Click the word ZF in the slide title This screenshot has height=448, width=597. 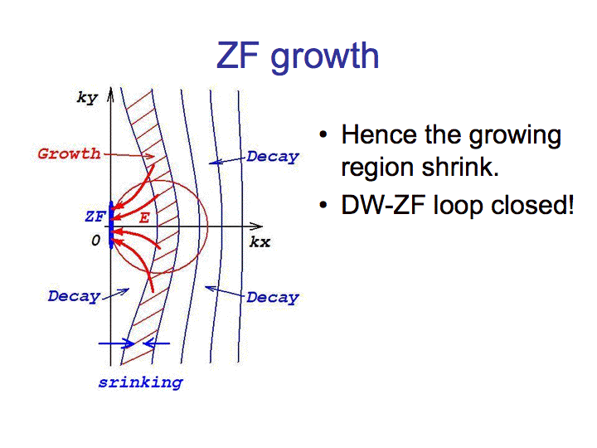pyautogui.click(x=238, y=56)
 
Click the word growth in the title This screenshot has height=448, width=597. pyautogui.click(x=325, y=57)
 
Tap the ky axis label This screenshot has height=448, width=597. pyautogui.click(x=88, y=98)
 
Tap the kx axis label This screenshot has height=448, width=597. pyautogui.click(x=260, y=242)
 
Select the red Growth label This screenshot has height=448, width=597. pyautogui.click(x=69, y=153)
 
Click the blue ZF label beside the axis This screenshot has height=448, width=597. pyautogui.click(x=95, y=217)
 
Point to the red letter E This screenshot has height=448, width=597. pyautogui.click(x=144, y=218)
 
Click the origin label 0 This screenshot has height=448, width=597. pyautogui.click(x=95, y=241)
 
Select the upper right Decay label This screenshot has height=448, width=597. pyautogui.click(x=273, y=157)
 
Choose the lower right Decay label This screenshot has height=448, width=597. pyautogui.click(x=273, y=298)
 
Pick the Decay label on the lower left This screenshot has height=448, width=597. pyautogui.click(x=75, y=296)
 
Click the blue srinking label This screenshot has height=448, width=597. pyautogui.click(x=141, y=382)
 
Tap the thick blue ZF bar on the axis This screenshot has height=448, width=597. pyautogui.click(x=111, y=225)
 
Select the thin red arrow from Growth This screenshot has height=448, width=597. pyautogui.click(x=129, y=155)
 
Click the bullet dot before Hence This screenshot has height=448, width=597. pyautogui.click(x=323, y=134)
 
